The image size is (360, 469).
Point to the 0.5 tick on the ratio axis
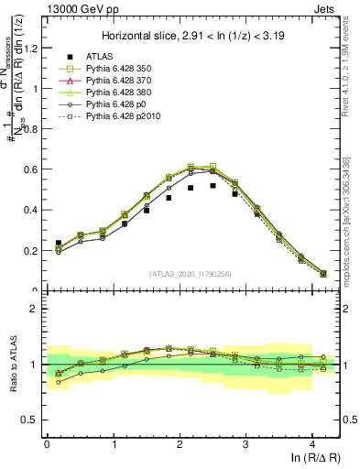32,420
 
